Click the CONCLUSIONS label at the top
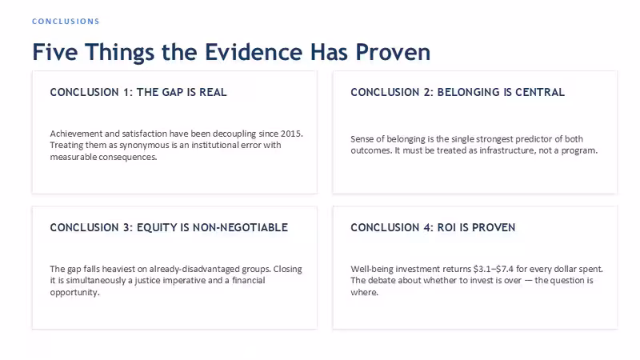pyautogui.click(x=66, y=22)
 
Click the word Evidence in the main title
pyautogui.click(x=253, y=52)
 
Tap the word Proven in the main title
pyautogui.click(x=393, y=52)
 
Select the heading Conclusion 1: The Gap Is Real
pyautogui.click(x=138, y=92)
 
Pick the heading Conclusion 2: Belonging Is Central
pyautogui.click(x=458, y=92)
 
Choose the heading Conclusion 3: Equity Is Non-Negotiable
pyautogui.click(x=169, y=227)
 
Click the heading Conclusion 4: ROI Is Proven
pyautogui.click(x=433, y=227)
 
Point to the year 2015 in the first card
pyautogui.click(x=291, y=134)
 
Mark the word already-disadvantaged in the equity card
pyautogui.click(x=194, y=269)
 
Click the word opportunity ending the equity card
pyautogui.click(x=74, y=292)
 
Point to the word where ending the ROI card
pyautogui.click(x=364, y=292)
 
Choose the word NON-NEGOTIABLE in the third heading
pyautogui.click(x=240, y=227)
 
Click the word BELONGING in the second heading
pyautogui.click(x=468, y=92)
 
